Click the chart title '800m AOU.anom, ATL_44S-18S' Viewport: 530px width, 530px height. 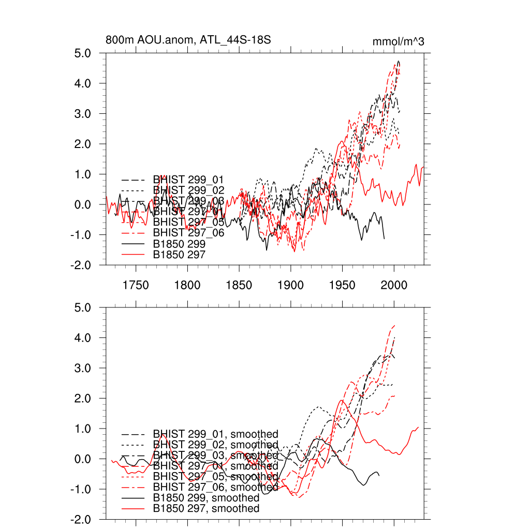point(188,40)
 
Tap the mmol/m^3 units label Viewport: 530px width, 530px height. point(399,41)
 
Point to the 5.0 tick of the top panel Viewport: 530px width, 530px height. point(91,53)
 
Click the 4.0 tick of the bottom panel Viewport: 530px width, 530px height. point(91,337)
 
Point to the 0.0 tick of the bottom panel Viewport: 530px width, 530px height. point(91,459)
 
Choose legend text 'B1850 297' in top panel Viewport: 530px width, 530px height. point(180,254)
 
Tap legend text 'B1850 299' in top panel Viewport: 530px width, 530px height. point(180,243)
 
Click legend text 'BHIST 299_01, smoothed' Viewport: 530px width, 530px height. point(216,434)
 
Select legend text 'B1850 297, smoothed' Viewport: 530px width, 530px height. point(206,509)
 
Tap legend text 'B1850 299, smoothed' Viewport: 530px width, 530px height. point(206,498)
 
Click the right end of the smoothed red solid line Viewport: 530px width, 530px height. point(418,427)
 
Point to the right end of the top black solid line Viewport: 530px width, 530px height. point(384,238)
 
